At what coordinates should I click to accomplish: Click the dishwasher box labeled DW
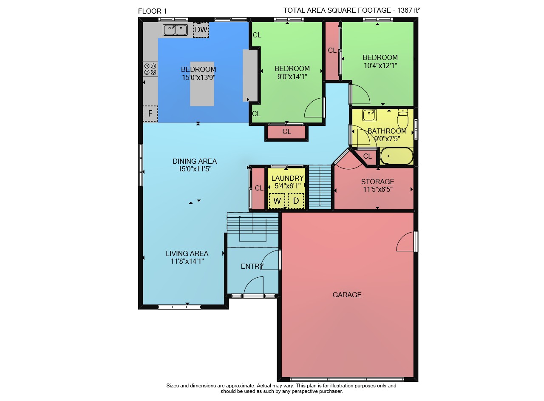pos(201,30)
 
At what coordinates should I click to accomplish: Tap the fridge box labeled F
pos(150,114)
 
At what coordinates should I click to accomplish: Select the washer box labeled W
pos(277,201)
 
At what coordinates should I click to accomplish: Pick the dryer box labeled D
pos(296,201)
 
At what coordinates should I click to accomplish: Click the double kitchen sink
pos(175,30)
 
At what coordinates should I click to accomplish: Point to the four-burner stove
pos(150,69)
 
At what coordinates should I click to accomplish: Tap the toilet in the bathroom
pos(403,119)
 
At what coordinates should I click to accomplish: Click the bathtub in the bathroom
pos(397,156)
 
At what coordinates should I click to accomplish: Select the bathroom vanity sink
pos(369,115)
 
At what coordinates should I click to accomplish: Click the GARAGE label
pos(347,295)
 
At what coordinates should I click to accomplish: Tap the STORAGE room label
pos(378,182)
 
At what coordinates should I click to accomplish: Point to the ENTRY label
pos(252,266)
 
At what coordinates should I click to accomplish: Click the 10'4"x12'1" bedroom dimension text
pos(380,65)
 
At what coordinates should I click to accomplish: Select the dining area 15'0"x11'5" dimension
pos(195,169)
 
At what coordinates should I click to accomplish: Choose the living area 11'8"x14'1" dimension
pos(187,261)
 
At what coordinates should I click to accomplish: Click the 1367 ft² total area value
pos(408,10)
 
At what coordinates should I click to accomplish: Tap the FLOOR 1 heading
pos(152,11)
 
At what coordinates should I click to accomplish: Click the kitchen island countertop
pos(202,84)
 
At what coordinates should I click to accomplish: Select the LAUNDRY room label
pos(288,178)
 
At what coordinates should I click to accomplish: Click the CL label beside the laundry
pos(259,188)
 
